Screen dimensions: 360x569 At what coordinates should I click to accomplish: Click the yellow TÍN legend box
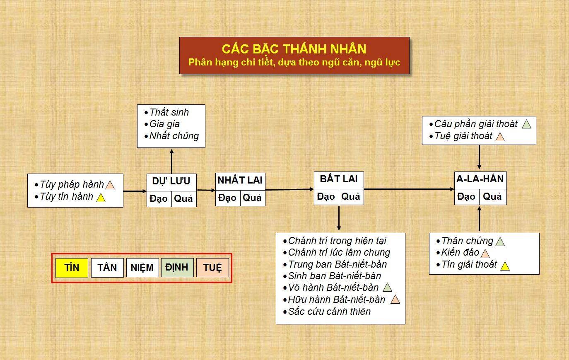[x=72, y=268]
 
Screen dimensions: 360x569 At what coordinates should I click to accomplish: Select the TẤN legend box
[x=107, y=268]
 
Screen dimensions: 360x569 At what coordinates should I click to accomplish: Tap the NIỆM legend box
[x=142, y=268]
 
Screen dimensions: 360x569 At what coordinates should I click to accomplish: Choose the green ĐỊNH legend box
[x=177, y=268]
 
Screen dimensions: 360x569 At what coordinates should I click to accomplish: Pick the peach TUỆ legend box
[x=212, y=268]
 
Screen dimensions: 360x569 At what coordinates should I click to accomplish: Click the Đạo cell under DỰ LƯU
[x=159, y=199]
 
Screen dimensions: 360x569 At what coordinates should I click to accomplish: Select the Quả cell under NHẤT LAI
[x=252, y=198]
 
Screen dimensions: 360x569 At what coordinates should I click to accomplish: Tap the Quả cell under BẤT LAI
[x=351, y=197]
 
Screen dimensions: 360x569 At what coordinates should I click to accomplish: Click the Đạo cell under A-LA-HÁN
[x=466, y=197]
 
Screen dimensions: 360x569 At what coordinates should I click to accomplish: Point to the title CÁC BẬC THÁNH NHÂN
[x=294, y=49]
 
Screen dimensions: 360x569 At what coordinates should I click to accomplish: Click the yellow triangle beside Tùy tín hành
[x=101, y=198]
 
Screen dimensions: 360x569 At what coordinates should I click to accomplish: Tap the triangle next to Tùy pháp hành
[x=110, y=185]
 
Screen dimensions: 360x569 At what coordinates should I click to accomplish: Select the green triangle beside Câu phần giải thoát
[x=526, y=124]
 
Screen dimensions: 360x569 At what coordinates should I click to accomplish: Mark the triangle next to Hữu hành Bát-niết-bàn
[x=395, y=300]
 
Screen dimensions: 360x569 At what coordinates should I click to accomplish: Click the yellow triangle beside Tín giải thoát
[x=505, y=266]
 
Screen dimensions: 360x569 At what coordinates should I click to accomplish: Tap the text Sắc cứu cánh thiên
[x=329, y=312]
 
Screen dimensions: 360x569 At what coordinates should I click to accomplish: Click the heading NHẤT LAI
[x=240, y=180]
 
